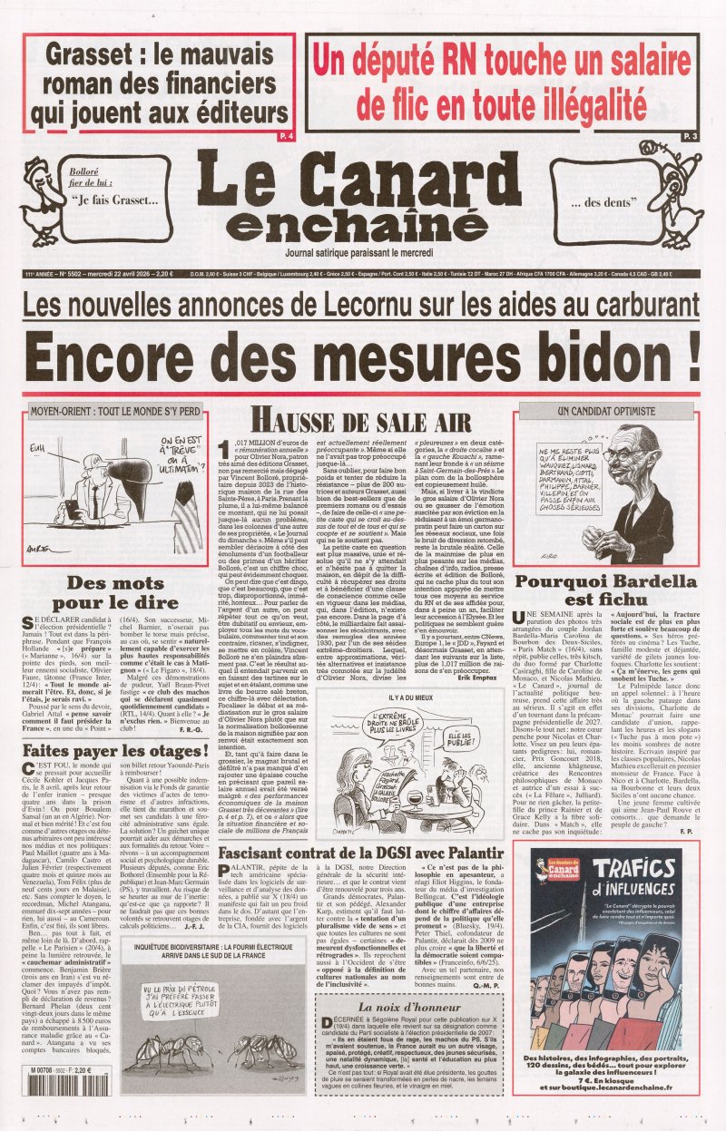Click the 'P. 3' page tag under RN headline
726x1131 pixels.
pos(690,135)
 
